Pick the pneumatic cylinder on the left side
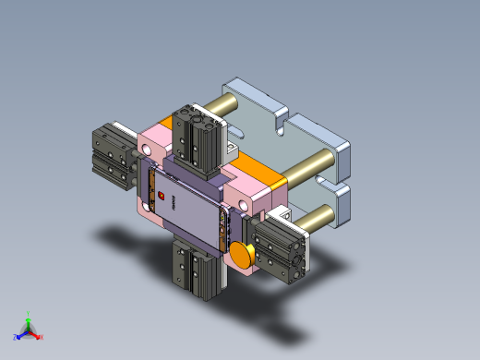(x=114, y=156)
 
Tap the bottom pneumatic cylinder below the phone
(x=197, y=268)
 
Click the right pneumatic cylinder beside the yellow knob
(x=282, y=249)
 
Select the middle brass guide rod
(x=308, y=169)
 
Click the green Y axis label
(x=29, y=314)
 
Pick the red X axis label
(x=41, y=337)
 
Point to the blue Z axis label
(x=16, y=337)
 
